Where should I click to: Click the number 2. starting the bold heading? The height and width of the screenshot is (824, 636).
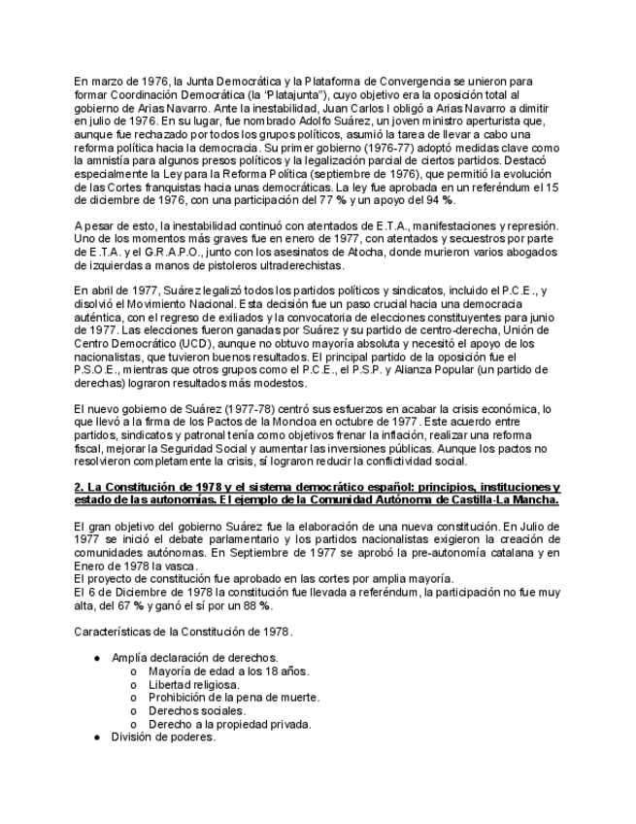[x=79, y=487]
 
